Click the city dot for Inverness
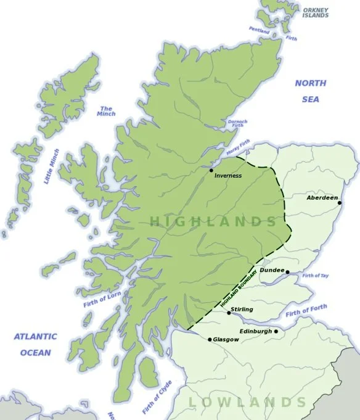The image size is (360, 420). click(211, 170)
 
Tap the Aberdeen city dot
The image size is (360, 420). click(340, 202)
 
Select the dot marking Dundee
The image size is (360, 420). click(287, 272)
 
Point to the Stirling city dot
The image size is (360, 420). click(229, 313)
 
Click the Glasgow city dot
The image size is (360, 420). click(210, 339)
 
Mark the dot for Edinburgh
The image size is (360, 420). click(276, 331)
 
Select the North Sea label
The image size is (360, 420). click(310, 91)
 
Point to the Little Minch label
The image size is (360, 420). click(52, 166)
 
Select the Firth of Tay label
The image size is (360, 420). click(315, 275)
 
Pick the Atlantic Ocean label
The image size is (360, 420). click(35, 345)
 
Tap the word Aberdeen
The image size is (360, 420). click(322, 198)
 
